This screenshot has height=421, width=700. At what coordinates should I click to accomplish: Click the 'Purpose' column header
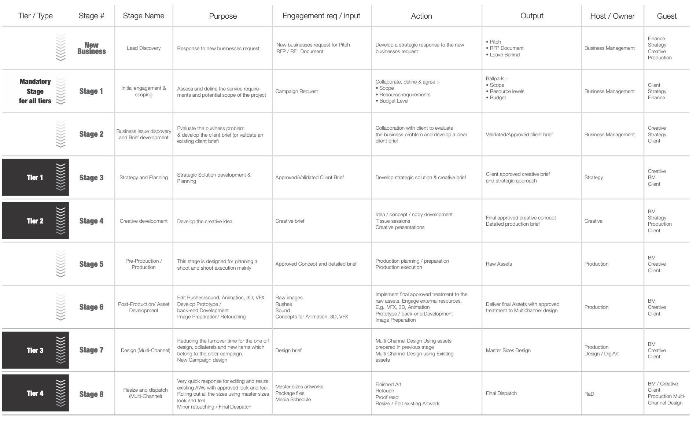223,16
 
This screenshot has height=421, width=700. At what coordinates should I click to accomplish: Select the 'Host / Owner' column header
612,16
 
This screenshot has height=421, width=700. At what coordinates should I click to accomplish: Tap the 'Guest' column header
667,16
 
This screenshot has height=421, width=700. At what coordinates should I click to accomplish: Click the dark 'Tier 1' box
35,177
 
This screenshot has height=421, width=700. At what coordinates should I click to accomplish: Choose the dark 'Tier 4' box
35,393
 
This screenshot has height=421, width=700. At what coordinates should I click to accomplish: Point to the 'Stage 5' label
91,264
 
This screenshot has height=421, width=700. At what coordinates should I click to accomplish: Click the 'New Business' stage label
91,48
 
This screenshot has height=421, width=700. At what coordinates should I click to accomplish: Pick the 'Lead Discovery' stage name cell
144,48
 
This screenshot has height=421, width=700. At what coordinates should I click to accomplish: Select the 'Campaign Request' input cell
296,91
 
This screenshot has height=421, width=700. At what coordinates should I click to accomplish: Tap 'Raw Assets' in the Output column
499,264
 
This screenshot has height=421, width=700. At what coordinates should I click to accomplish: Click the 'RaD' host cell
589,394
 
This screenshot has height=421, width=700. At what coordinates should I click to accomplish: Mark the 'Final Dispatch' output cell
501,393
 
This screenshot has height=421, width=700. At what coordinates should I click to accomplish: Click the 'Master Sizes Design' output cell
508,350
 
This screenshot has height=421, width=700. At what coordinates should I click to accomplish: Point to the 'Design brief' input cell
288,350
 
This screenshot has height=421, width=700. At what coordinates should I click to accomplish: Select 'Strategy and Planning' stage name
144,177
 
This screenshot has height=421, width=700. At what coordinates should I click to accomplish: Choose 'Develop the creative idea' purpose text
205,221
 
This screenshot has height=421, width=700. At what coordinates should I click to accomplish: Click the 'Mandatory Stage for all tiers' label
35,91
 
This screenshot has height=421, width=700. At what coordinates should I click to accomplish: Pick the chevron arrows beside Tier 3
61,350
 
